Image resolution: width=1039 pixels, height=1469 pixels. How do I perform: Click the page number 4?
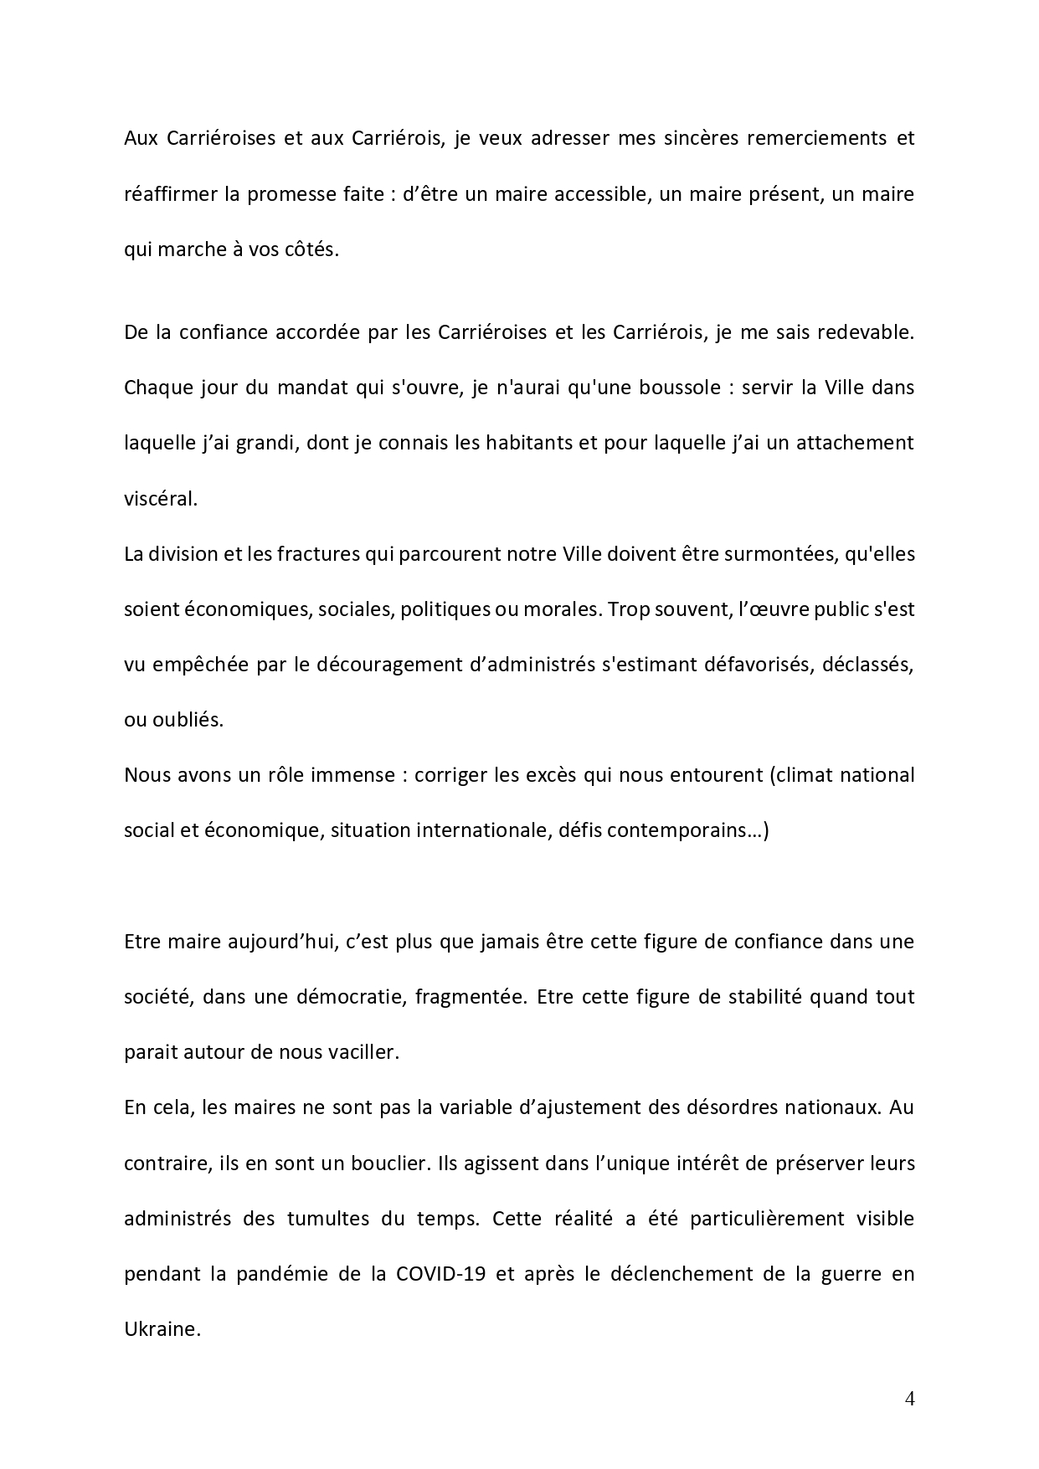(x=910, y=1399)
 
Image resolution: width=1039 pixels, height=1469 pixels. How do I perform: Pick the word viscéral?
(x=161, y=498)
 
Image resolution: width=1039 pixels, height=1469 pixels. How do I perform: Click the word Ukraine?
(x=160, y=1329)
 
